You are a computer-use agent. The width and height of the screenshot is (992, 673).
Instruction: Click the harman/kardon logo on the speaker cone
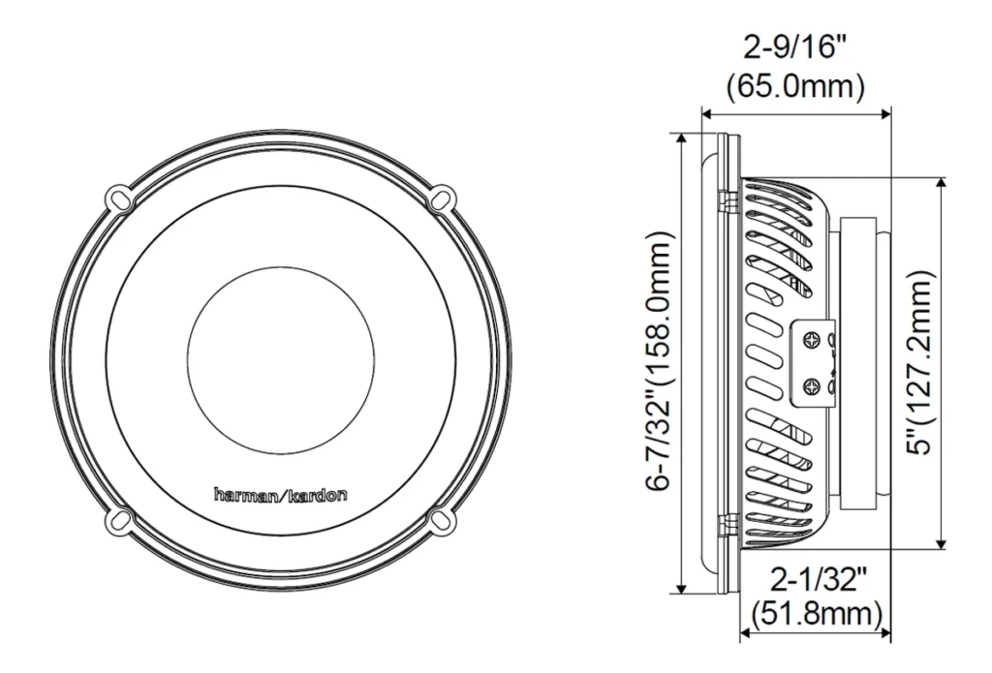281,494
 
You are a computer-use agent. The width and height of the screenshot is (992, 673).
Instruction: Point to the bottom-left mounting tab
118,521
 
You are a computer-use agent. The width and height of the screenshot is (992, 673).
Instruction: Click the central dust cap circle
280,360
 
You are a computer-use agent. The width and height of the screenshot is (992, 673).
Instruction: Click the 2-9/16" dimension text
794,46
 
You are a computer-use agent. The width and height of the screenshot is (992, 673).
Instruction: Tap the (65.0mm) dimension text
794,86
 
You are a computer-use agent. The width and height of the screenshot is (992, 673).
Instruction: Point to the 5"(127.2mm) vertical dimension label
919,362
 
